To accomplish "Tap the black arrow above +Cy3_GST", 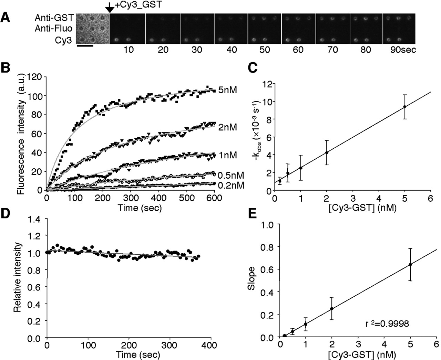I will point(109,7).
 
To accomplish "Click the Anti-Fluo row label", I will point(53,29).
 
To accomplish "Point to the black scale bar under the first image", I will point(84,45).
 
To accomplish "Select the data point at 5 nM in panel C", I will point(404,107).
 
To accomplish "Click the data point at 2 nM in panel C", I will point(327,152).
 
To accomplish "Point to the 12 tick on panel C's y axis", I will point(267,84).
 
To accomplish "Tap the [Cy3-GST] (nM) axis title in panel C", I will point(345,210).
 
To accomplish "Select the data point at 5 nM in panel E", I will point(410,264).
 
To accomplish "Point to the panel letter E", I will point(252,224).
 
